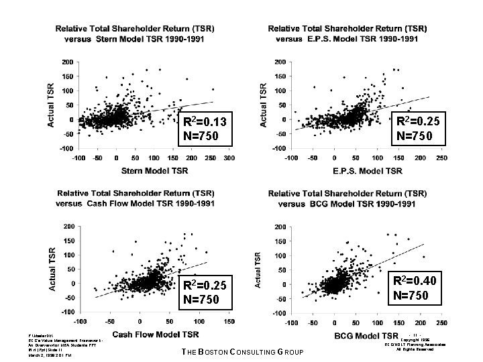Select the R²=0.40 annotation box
pos(414,288)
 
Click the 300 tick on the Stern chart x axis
pos(229,158)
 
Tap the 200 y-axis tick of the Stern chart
pos(68,62)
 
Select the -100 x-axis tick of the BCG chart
pos(289,323)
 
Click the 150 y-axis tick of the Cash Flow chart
pos(68,241)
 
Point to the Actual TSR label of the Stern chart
pos(52,105)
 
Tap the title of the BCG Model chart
pos(347,198)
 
